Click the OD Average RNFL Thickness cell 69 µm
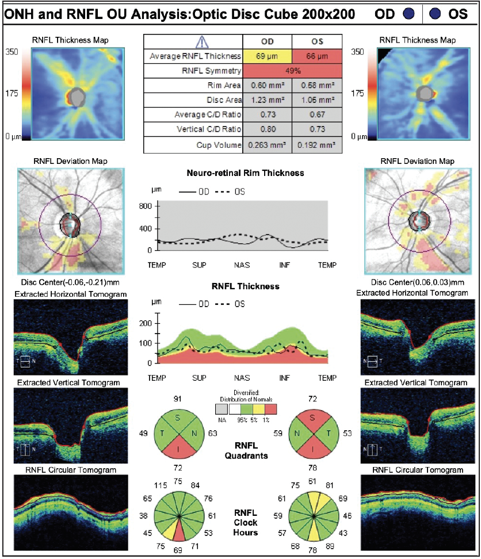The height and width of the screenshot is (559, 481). point(268,56)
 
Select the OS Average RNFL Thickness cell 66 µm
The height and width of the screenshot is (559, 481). point(317,56)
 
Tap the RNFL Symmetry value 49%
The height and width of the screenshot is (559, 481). point(292,71)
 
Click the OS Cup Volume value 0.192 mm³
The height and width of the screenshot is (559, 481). point(317,145)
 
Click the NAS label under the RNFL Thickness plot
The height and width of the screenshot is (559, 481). point(242,378)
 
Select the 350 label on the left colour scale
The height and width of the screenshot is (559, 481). point(12,51)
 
